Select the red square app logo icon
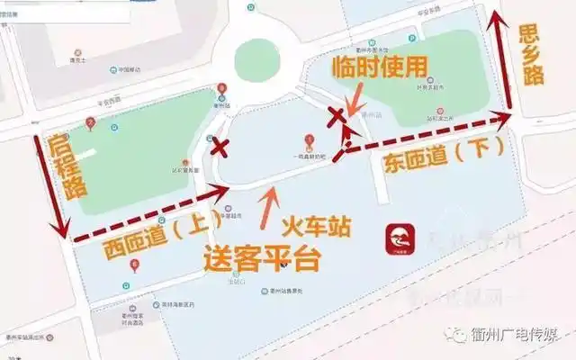(400, 240)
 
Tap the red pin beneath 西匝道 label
(135, 264)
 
